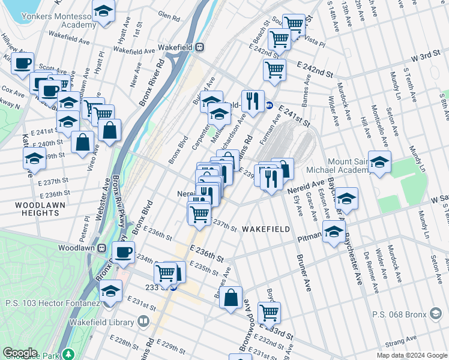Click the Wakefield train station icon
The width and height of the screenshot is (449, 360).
tap(199, 47)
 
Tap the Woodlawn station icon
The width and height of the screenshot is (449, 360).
tap(102, 247)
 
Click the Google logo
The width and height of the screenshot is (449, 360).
tap(20, 353)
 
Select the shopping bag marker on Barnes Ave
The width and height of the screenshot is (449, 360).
tap(231, 298)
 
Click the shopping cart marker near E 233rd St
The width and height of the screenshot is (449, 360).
tap(269, 312)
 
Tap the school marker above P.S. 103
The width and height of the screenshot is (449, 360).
tap(110, 292)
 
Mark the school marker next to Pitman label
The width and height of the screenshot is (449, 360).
tap(334, 232)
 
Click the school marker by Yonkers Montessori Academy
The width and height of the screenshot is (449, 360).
tap(104, 11)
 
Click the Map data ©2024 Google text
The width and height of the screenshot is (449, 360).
tap(411, 355)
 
